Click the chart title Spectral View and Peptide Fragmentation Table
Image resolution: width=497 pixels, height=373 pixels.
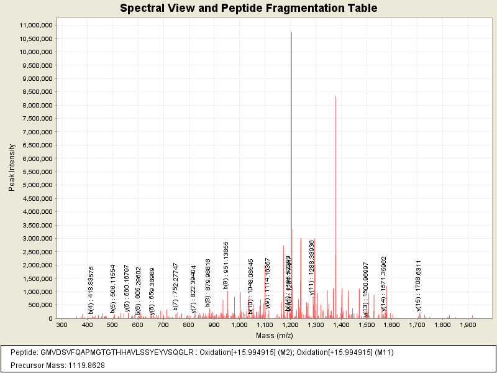[248, 9]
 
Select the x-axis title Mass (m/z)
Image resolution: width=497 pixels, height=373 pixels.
[272, 336]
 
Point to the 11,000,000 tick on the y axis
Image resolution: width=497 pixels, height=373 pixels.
[37, 25]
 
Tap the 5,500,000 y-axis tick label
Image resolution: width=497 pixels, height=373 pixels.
[37, 172]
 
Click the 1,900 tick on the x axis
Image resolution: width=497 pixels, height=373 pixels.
[467, 325]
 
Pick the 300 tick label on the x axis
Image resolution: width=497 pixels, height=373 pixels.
[62, 325]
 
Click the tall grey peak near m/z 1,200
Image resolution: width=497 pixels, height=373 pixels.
[291, 124]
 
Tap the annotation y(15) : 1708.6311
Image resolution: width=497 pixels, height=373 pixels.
[419, 285]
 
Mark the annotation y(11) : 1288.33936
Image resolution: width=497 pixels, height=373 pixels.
[312, 277]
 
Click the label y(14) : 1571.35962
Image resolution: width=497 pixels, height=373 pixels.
[383, 283]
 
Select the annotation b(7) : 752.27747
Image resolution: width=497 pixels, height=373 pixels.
[176, 287]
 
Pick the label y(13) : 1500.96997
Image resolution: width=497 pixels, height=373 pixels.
[366, 286]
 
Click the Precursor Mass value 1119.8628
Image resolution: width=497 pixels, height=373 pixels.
[82, 365]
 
